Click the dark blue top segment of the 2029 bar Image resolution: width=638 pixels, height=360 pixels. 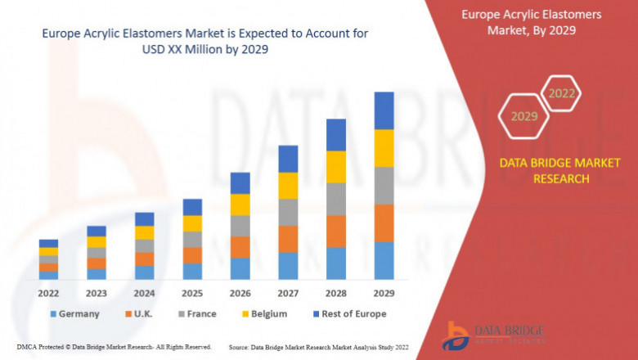point(384,110)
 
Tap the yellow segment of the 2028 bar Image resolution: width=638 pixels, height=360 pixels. point(336,167)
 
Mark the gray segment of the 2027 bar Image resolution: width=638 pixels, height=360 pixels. point(288,212)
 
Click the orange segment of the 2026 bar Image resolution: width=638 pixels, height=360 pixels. point(240,247)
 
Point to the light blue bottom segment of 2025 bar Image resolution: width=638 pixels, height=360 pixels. point(192,271)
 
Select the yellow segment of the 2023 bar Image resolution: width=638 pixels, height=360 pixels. point(97,241)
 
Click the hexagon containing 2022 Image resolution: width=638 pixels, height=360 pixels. point(561,94)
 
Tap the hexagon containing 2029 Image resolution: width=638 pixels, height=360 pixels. point(523,117)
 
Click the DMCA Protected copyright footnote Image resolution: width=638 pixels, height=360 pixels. point(115,348)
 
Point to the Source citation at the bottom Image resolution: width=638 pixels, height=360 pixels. point(320,348)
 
